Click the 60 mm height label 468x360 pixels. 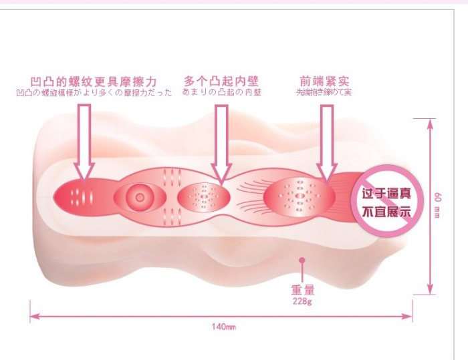437,206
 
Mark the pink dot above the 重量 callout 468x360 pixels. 302,260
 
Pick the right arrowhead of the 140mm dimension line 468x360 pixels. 408,319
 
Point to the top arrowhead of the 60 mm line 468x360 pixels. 429,121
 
